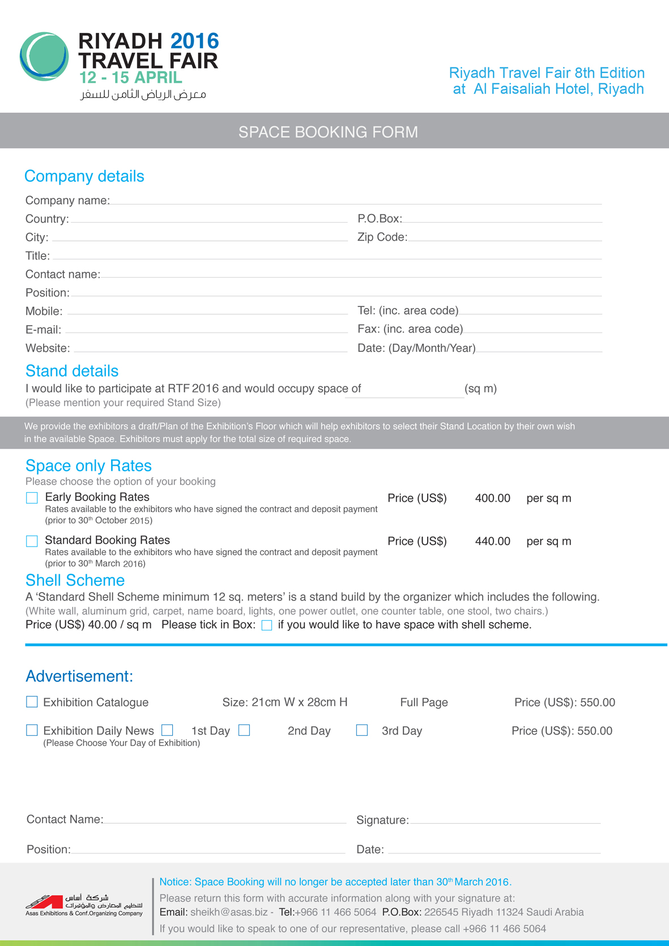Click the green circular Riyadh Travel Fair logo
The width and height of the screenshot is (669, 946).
pyautogui.click(x=44, y=57)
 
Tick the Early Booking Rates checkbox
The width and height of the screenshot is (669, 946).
pyautogui.click(x=32, y=498)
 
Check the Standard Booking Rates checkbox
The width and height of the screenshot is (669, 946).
pyautogui.click(x=32, y=541)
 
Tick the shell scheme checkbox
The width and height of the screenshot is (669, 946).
pyautogui.click(x=267, y=625)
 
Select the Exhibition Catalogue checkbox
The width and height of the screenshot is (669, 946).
pyautogui.click(x=32, y=702)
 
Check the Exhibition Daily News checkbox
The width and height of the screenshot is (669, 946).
pyautogui.click(x=32, y=731)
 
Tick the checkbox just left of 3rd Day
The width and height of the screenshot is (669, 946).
pyautogui.click(x=362, y=731)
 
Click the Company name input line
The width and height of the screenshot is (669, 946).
pyautogui.click(x=356, y=200)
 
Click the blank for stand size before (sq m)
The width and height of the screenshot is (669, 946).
pyautogui.click(x=404, y=391)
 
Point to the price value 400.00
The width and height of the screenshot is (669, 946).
pyautogui.click(x=492, y=498)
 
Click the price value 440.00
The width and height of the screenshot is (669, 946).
pyautogui.click(x=492, y=542)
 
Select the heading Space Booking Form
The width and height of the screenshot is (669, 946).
pyautogui.click(x=328, y=132)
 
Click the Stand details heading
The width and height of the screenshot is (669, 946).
pyautogui.click(x=72, y=371)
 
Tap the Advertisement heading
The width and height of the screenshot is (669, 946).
pyautogui.click(x=79, y=676)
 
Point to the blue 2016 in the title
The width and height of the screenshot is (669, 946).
pyautogui.click(x=194, y=41)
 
